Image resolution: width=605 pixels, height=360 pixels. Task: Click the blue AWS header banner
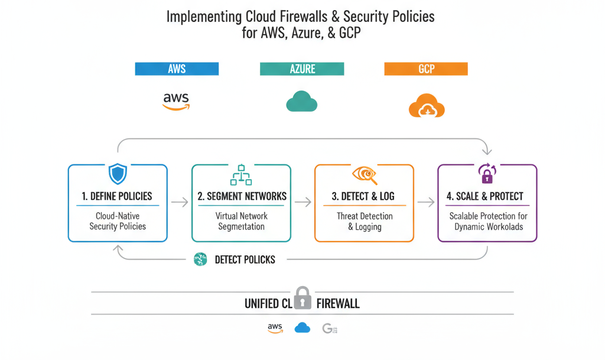[x=177, y=69]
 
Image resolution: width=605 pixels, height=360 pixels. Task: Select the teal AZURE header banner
[x=301, y=69]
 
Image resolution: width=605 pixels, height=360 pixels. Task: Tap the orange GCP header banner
[x=426, y=69]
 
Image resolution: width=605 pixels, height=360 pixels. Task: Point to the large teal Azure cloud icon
[x=301, y=101]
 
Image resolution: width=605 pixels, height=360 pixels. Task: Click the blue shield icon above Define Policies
[x=118, y=174]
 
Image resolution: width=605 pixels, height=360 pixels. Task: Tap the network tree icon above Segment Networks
[x=241, y=175]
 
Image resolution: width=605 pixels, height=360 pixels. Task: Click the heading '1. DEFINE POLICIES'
[x=118, y=196]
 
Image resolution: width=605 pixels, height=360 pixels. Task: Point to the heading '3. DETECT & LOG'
[x=364, y=196]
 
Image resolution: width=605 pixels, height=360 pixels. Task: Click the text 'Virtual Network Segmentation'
[x=241, y=221]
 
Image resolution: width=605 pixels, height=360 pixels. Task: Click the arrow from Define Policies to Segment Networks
[x=180, y=202]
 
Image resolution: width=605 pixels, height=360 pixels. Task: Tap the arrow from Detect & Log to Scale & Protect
[x=425, y=202]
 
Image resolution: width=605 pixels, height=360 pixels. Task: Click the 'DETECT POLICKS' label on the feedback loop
[x=245, y=260]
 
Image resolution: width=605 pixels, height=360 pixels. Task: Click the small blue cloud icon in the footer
[x=302, y=327]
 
